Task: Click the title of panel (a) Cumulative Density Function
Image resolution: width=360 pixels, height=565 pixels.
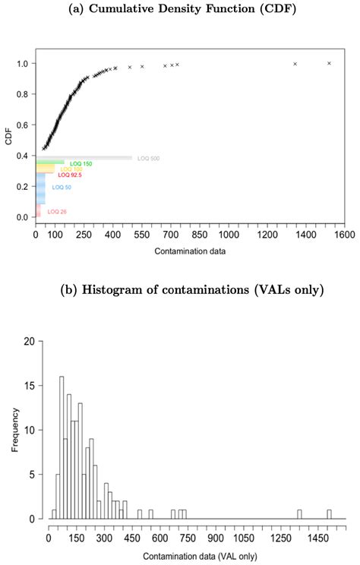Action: pyautogui.click(x=180, y=10)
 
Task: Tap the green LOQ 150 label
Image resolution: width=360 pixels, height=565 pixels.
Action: pyautogui.click(x=81, y=163)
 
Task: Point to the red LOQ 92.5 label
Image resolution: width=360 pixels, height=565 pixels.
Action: pyautogui.click(x=70, y=175)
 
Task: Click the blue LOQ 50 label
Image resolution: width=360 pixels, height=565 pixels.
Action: pyautogui.click(x=62, y=187)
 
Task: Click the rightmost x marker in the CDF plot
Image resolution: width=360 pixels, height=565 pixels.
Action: pyautogui.click(x=329, y=63)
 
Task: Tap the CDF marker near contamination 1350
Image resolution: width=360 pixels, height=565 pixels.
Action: pyautogui.click(x=295, y=64)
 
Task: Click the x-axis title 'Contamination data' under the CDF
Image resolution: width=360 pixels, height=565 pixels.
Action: pyautogui.click(x=188, y=251)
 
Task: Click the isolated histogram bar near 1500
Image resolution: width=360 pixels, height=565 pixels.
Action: pyautogui.click(x=329, y=514)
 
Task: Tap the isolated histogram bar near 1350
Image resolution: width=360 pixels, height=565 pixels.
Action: pyautogui.click(x=299, y=514)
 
